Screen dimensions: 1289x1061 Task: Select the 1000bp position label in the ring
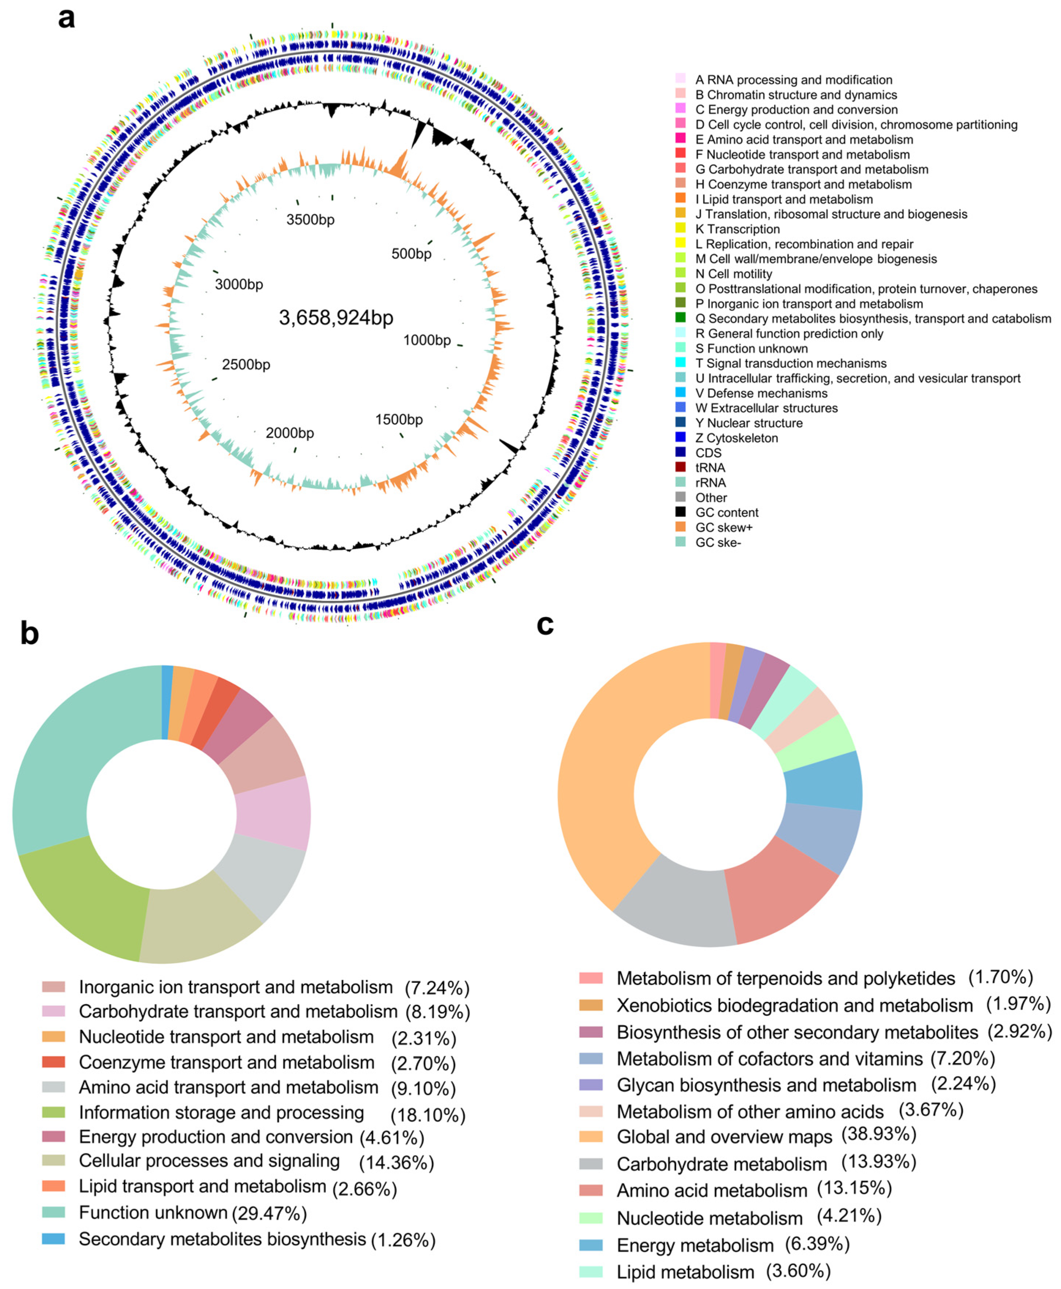click(x=426, y=341)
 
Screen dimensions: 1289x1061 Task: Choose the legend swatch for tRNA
click(x=680, y=467)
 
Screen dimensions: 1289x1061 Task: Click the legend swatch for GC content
click(x=680, y=512)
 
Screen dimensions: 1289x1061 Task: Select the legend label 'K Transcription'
click(x=737, y=229)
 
